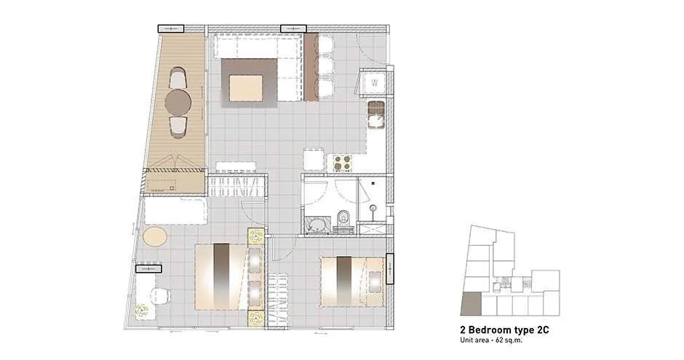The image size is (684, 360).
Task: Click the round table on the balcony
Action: (178, 103)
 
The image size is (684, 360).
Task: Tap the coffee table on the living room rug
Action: (247, 88)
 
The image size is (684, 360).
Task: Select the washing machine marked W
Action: (374, 83)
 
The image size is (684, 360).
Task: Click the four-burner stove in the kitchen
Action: (341, 163)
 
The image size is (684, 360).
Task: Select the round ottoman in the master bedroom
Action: (155, 236)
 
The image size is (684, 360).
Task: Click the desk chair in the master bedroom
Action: (159, 296)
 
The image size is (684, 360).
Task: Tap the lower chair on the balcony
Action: (178, 127)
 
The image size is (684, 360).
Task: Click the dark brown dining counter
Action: (311, 67)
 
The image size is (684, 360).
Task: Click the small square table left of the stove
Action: (313, 159)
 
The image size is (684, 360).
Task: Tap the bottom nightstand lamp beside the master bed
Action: (256, 318)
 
